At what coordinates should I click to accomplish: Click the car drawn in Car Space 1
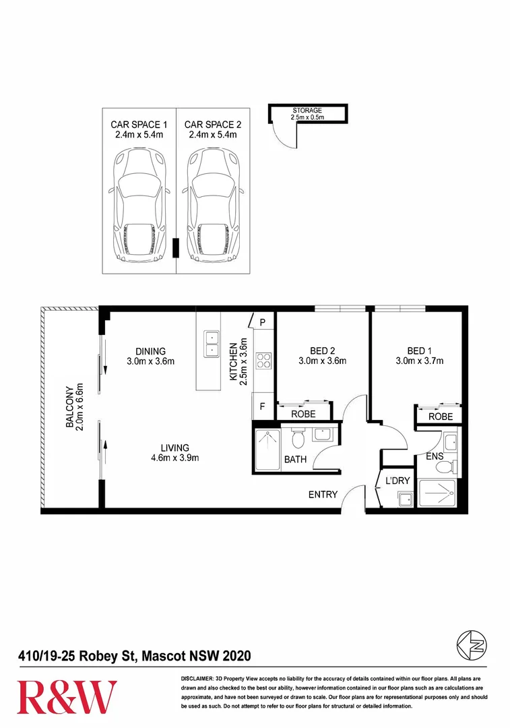(139, 206)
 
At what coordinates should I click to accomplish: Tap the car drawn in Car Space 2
(213, 206)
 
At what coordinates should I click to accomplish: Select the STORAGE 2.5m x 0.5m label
(307, 114)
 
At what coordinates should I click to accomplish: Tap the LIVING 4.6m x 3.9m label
(174, 452)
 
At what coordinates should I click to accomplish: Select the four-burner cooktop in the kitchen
(263, 361)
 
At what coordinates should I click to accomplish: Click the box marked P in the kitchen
(262, 322)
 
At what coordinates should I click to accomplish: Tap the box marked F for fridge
(262, 407)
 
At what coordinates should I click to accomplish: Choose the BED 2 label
(323, 351)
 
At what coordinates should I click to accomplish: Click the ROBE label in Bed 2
(304, 414)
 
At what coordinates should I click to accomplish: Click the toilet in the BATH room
(298, 439)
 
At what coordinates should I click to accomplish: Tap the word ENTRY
(323, 494)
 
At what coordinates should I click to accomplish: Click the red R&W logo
(67, 697)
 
